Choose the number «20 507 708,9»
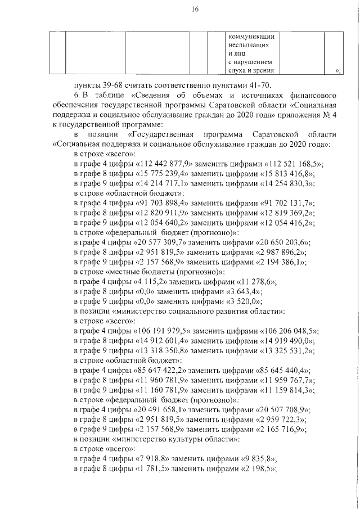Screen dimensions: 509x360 click(x=286, y=412)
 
